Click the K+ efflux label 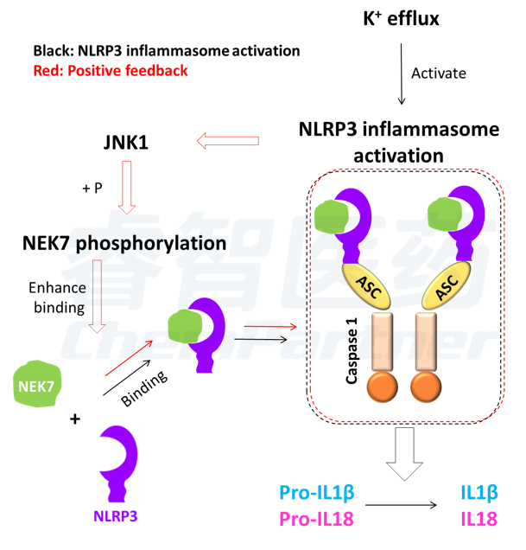[401, 18]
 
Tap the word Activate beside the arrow [439, 74]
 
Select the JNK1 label [126, 143]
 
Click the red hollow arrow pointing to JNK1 [228, 141]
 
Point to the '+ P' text [92, 188]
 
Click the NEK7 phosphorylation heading [124, 243]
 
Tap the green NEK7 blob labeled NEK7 [37, 384]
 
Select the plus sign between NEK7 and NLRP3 [75, 419]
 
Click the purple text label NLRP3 [115, 516]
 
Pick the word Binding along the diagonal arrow [144, 388]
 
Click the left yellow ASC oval [366, 285]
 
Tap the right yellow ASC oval [446, 285]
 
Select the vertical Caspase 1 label [352, 351]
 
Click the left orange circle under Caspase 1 [382, 387]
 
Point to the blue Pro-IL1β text [317, 492]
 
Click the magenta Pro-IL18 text [316, 519]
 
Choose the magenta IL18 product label [478, 519]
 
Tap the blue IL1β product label [479, 492]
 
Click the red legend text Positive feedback [128, 71]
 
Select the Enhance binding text [58, 297]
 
